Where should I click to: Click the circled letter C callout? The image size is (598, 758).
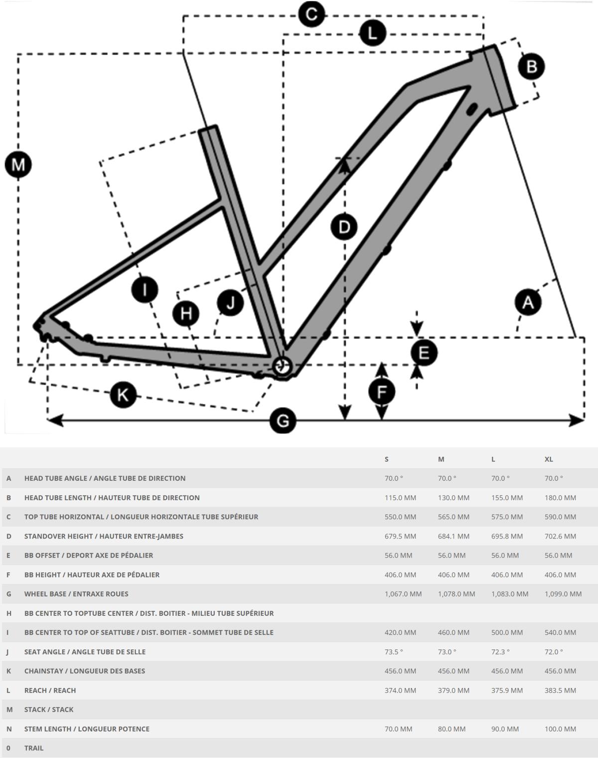coord(311,14)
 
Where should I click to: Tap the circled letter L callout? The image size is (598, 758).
coord(372,33)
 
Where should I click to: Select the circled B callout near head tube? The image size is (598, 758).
coord(531,66)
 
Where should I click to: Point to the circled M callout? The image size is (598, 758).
coord(18,165)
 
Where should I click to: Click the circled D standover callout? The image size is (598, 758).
coord(344,227)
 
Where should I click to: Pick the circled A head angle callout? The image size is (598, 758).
coord(528,302)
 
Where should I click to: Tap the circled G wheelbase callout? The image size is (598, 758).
coord(283,421)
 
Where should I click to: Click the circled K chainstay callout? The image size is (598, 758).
coord(123,394)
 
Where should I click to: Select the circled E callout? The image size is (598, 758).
coord(424,353)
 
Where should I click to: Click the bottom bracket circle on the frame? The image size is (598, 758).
coord(282,366)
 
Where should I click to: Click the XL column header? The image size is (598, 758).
coord(549,459)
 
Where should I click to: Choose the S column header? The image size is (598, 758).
coord(387,459)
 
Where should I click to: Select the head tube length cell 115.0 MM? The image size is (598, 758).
coord(400,498)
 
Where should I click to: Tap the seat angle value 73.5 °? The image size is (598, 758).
coord(394,652)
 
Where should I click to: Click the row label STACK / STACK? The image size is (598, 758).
coord(49,710)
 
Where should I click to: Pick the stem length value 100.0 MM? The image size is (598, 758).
coord(560,729)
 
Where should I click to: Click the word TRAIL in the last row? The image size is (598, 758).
coord(34,748)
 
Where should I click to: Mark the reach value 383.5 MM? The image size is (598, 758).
coord(560,691)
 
